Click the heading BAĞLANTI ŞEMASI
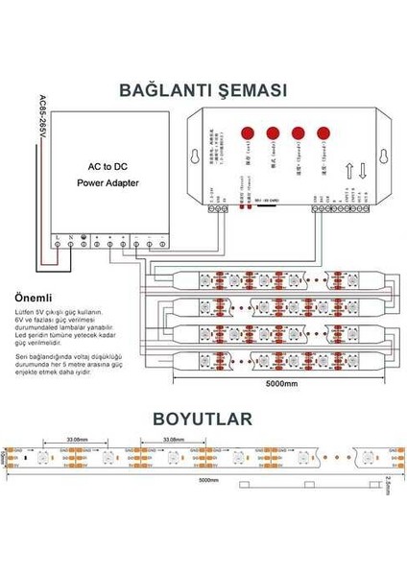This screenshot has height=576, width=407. (203, 90)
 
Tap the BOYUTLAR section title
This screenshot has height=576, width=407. (203, 420)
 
